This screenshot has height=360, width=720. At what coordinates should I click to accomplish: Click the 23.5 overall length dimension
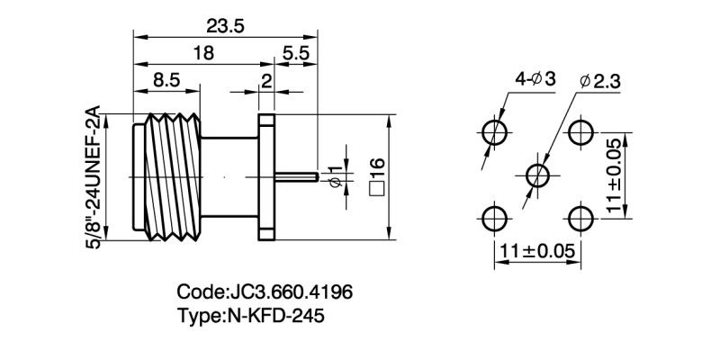225,25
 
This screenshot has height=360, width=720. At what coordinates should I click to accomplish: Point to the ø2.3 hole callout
597,81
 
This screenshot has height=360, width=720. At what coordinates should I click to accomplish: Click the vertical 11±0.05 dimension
614,175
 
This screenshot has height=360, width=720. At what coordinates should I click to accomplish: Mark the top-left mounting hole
494,132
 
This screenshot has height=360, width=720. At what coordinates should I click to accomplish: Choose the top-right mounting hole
580,132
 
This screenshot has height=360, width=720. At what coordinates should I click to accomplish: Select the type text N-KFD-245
250,316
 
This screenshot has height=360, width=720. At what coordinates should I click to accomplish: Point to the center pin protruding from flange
298,175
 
